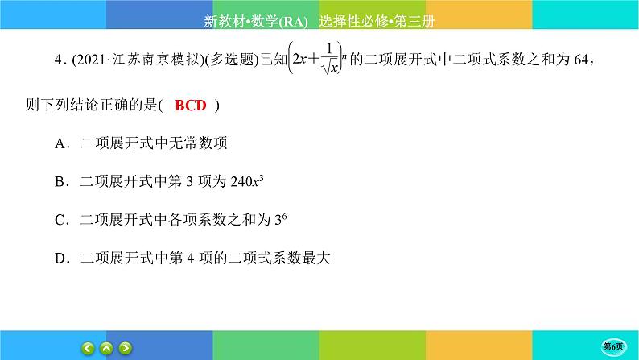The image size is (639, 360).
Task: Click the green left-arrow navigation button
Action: pos(89,348)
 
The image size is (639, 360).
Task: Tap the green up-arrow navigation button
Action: pos(107,348)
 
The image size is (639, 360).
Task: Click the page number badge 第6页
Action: pos(618,348)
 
